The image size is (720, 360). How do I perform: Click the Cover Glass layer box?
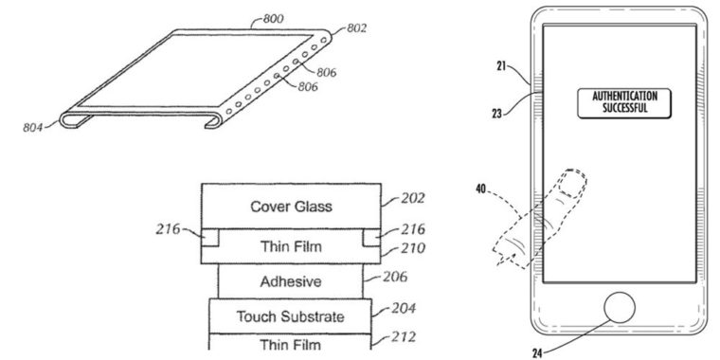click(296, 206)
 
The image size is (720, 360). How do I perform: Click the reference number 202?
click(414, 198)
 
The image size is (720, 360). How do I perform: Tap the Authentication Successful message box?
click(618, 103)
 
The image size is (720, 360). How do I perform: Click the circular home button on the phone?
click(617, 310)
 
